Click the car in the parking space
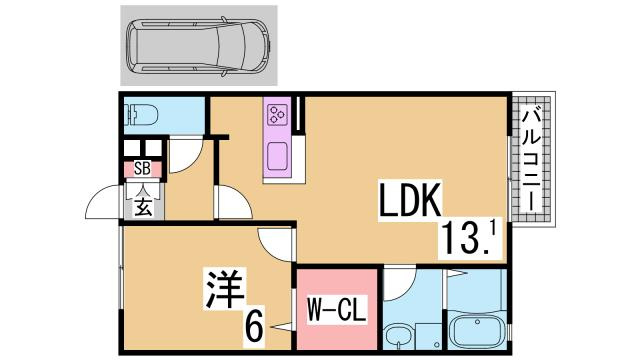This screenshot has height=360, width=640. click(x=198, y=45)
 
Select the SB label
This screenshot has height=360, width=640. click(x=142, y=169)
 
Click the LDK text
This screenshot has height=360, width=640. click(x=409, y=203)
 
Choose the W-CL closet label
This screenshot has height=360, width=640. click(x=336, y=309)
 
